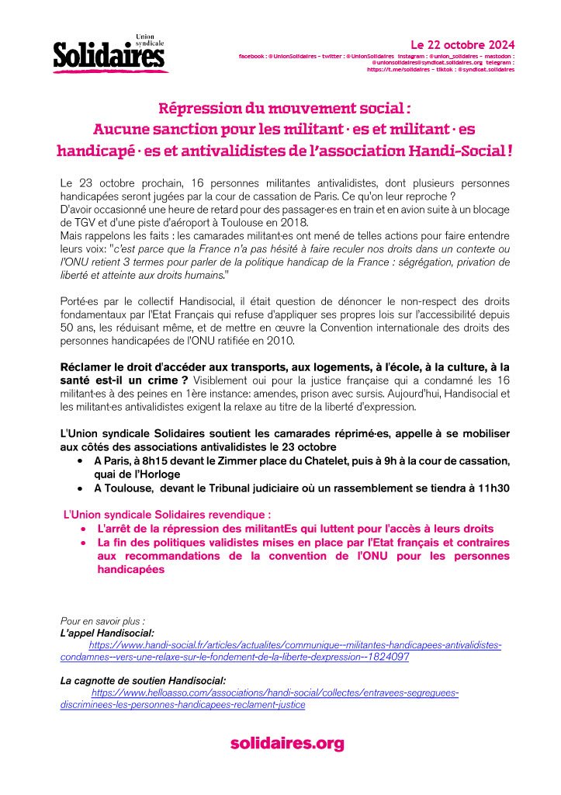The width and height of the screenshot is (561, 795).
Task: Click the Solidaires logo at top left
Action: coord(109,54)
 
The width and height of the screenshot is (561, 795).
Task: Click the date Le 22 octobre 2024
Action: coord(462,44)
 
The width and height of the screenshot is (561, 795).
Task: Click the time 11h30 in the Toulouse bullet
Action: coord(493,488)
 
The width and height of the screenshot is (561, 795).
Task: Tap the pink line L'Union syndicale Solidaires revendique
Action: coord(167,514)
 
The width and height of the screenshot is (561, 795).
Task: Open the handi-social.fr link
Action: coord(295,645)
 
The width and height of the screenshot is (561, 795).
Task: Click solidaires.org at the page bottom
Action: coord(286,744)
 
